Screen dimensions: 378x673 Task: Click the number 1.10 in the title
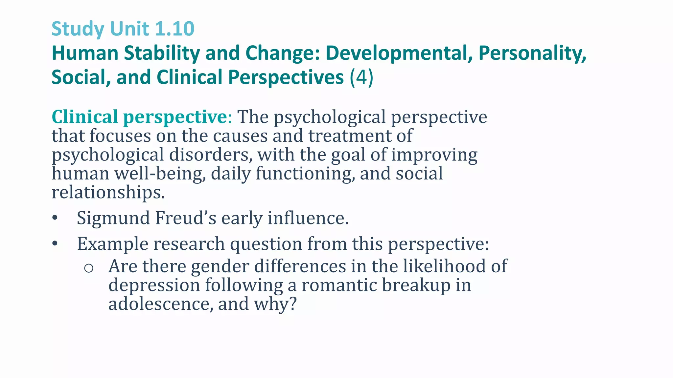point(174,29)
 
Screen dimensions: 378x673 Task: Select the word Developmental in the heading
point(399,53)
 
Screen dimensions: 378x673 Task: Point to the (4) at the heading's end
point(361,77)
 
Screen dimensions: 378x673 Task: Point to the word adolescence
point(159,304)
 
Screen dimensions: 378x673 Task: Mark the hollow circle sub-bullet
point(89,268)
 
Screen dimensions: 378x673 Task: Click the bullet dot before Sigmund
point(55,218)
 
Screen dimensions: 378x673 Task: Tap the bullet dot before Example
point(55,244)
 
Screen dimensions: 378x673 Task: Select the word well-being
point(160,174)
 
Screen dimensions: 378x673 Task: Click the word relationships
point(108,192)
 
